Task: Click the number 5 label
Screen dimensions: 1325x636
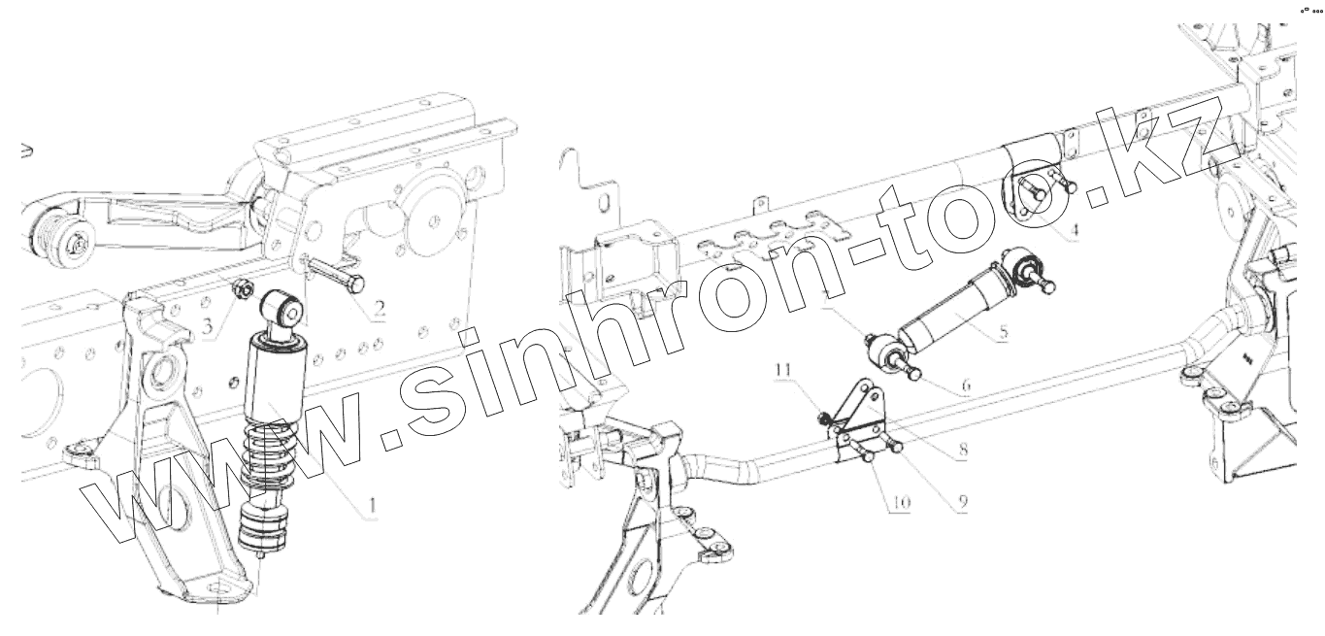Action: point(1002,331)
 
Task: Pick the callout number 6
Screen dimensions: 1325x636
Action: point(966,385)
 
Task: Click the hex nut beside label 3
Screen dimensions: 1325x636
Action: point(245,288)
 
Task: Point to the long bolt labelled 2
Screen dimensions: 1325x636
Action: point(335,273)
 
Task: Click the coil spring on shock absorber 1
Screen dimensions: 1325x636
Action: point(269,455)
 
